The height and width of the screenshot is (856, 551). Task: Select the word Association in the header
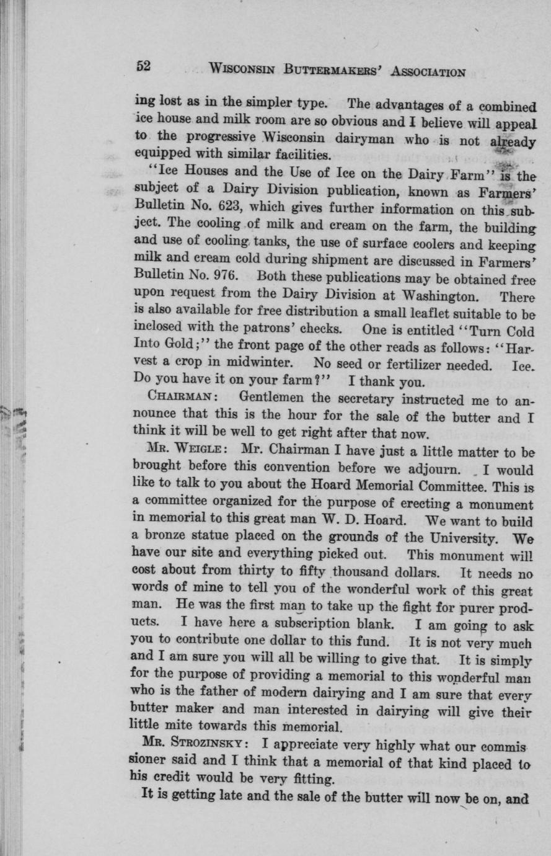[428, 71]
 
